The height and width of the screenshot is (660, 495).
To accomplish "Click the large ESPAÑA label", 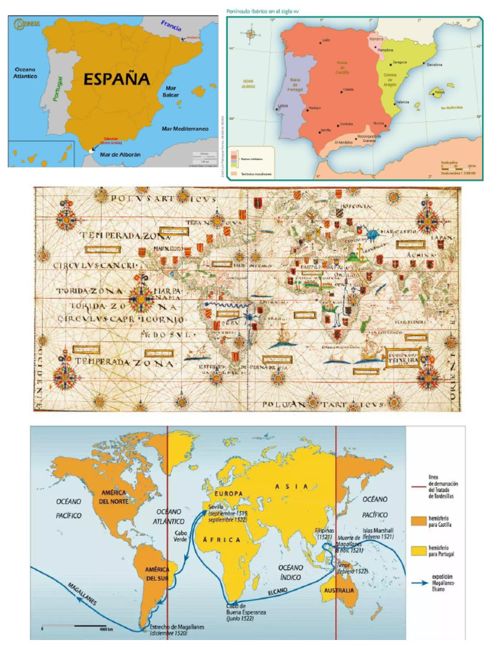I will tap(117, 79).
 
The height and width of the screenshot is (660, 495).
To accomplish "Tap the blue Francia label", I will tap(171, 26).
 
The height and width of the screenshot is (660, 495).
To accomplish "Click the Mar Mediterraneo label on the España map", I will tap(185, 129).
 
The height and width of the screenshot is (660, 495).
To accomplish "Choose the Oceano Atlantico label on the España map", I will tap(25, 72).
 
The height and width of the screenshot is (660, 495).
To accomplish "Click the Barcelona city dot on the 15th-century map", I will tap(424, 64).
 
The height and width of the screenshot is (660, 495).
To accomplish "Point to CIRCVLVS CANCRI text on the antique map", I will tap(88, 265).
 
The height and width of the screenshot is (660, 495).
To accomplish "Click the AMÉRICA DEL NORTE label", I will tap(113, 497).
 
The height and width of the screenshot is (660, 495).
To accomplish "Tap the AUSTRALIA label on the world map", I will tap(339, 590).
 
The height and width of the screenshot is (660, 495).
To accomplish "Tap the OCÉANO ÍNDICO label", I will tap(291, 571).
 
